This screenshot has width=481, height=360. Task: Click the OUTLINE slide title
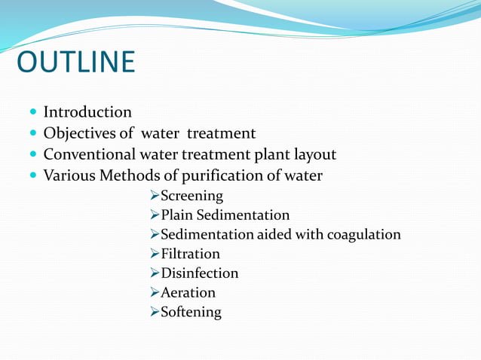coord(75,63)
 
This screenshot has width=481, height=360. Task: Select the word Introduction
coord(87,112)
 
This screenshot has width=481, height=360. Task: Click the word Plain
coord(177,215)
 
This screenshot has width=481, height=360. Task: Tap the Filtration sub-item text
coord(190,254)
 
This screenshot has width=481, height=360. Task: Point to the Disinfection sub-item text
coord(199,273)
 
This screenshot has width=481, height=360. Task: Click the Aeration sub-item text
coord(188,292)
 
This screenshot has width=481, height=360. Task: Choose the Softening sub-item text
coord(191,312)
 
